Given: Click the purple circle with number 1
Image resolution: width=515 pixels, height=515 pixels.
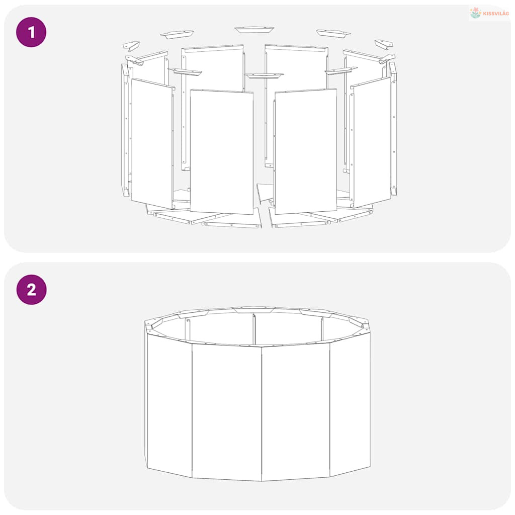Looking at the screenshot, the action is coord(31,32).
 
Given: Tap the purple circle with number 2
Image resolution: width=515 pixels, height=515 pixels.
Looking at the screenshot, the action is coord(32,290).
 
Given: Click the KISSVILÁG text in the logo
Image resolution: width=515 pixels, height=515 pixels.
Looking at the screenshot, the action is coord(496,14).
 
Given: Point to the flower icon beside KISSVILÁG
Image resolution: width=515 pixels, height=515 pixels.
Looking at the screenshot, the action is coord(475,13).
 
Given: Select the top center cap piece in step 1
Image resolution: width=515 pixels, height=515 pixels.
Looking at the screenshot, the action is coord(254,30).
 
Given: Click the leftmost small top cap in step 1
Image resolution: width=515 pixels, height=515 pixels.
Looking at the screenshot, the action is coord(131,46).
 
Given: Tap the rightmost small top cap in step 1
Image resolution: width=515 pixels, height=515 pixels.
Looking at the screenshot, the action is coord(384,44).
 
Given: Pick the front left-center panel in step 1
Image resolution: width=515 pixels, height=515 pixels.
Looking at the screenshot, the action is coord(222,152).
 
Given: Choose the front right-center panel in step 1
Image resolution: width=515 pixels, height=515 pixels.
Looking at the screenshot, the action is coord(306,151).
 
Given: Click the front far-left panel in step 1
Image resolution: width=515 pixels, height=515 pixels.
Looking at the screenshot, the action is coord(152,143).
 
